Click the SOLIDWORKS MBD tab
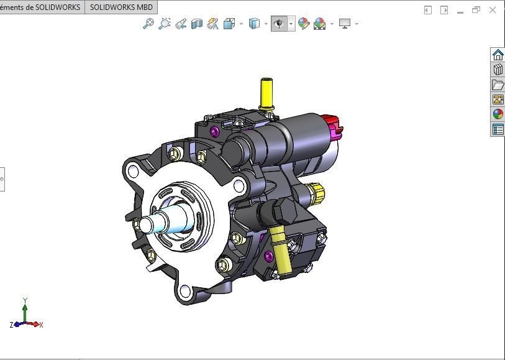click(121, 7)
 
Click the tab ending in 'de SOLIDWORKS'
click(41, 7)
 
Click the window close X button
click(493, 10)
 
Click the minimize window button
click(460, 10)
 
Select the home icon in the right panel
click(498, 55)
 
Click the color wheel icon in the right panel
click(498, 114)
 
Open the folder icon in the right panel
click(498, 85)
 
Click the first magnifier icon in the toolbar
click(148, 24)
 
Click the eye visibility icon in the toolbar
click(279, 24)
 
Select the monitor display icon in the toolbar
click(345, 24)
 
